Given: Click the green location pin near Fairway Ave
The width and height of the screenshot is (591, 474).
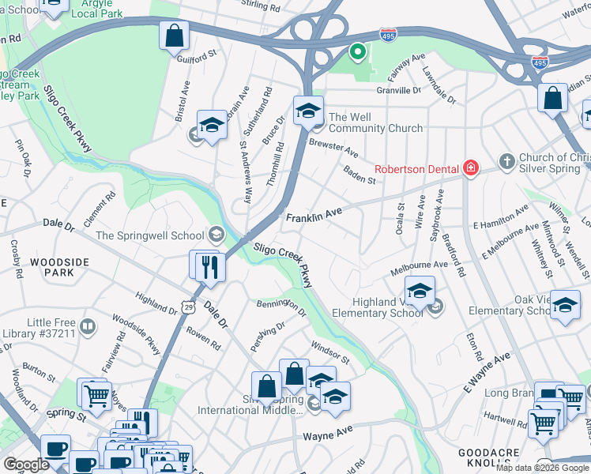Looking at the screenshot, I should coord(357,53).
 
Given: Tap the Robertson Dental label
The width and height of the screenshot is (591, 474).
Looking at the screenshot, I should coord(417,168).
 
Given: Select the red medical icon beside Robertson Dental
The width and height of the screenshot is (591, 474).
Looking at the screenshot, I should coord(471,167).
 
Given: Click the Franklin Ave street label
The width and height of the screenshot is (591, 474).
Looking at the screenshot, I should coord(314,215).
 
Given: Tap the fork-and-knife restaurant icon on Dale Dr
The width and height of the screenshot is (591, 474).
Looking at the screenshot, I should coord(209,266).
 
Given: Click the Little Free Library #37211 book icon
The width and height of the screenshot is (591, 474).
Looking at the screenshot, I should coord(88,326).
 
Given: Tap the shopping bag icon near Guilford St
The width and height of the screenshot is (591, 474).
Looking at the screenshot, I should coord(174,36).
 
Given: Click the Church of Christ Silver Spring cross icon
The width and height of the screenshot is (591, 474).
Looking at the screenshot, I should coord(506,163).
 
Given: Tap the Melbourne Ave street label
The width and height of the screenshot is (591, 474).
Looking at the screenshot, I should coord(418,269).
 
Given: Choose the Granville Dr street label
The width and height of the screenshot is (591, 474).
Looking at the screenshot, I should coord(399,90).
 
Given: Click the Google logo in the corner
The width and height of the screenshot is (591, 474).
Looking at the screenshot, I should coord(26,465).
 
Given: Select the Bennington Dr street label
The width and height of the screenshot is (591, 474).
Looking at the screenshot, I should coord(280,306).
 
